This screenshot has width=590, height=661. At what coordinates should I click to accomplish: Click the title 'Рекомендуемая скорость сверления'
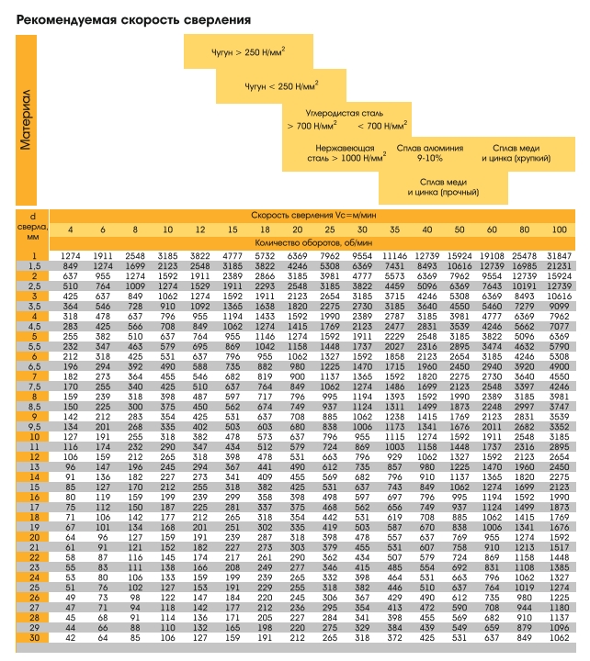tap(133, 20)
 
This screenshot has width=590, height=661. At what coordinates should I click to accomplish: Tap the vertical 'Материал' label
tap(26, 119)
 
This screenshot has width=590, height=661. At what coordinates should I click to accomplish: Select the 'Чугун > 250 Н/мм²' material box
tap(248, 51)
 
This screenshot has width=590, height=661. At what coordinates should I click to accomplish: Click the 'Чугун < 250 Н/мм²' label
tap(281, 85)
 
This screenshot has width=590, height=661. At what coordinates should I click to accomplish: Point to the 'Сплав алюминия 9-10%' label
tap(429, 153)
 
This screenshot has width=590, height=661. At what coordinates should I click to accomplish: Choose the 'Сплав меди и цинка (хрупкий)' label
tap(516, 153)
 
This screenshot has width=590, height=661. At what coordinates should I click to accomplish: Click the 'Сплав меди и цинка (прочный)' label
tap(443, 187)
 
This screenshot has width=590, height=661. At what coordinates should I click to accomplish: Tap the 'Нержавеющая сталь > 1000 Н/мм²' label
tap(346, 153)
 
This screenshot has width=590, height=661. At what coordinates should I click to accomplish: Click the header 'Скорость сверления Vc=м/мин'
tap(313, 216)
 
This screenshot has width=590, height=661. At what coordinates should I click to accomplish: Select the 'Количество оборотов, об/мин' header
tap(313, 242)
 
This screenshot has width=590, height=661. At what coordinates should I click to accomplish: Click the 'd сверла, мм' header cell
tap(32, 227)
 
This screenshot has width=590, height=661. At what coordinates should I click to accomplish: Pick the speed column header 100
tap(559, 230)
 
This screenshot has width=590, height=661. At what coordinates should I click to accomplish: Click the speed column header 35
tap(394, 230)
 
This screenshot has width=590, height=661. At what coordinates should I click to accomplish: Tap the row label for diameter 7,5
tap(34, 387)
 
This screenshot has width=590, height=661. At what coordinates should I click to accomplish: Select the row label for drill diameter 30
tap(34, 638)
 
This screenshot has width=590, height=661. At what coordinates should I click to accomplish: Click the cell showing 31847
tap(559, 256)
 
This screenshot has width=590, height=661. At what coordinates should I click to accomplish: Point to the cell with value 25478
tap(524, 256)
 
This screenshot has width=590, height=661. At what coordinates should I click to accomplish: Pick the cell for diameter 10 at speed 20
tap(297, 437)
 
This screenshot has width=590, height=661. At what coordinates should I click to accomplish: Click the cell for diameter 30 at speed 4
tap(71, 638)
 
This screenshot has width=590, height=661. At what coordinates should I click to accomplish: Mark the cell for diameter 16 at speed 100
tap(559, 497)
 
